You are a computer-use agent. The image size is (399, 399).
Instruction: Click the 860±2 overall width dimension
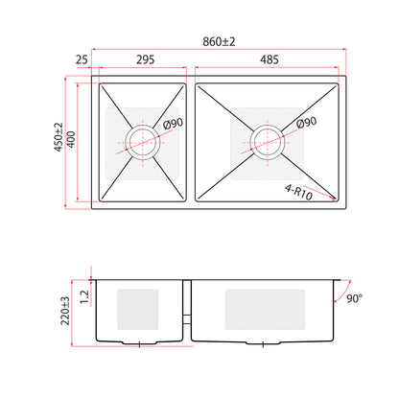[x=219, y=41]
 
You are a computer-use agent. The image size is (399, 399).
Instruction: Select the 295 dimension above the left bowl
[x=146, y=59]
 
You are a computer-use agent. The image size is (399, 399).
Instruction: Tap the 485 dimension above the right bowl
[x=270, y=59]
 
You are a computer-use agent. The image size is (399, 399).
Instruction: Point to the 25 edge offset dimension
[x=82, y=59]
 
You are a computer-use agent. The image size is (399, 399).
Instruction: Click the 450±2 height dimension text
[x=59, y=137]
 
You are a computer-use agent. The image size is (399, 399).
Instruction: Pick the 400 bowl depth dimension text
[x=71, y=139]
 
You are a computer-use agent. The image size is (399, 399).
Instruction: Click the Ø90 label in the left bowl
[x=173, y=124]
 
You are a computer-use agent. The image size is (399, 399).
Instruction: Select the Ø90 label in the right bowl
[x=306, y=123]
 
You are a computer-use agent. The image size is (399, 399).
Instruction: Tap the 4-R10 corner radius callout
[x=298, y=193]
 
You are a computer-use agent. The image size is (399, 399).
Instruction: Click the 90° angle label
[x=355, y=298]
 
